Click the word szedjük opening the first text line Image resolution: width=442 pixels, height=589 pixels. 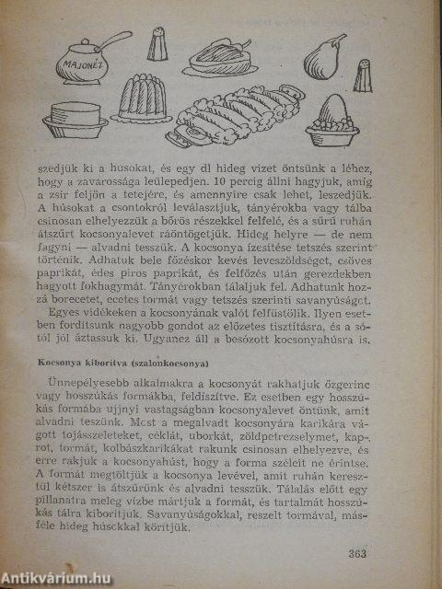[52, 169]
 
